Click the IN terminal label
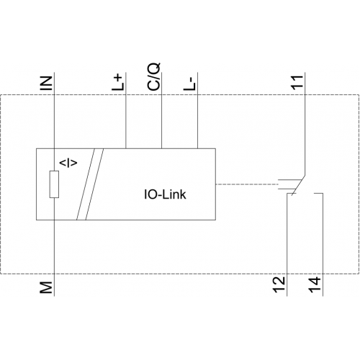46,83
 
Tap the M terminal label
46,287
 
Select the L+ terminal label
118,83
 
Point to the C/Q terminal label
153,77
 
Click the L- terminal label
190,85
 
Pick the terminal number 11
297,82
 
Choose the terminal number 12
279,284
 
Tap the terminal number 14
315,284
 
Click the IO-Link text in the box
165,194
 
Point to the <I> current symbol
68,163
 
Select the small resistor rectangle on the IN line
54,184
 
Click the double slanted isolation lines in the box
90,184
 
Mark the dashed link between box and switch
247,184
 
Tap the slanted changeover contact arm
298,186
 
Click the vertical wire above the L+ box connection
126,110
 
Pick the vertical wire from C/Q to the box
161,110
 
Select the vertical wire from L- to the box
197,110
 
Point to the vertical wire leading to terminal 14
323,245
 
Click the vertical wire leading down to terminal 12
287,245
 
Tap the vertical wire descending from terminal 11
305,124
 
